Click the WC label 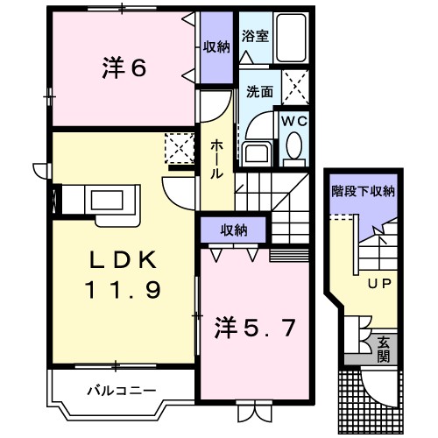click(x=293, y=122)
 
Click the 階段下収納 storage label click(x=362, y=190)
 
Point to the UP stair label click(x=378, y=285)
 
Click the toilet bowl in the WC click(x=293, y=145)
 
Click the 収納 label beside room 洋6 click(x=215, y=47)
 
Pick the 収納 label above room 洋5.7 click(x=234, y=230)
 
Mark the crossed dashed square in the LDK click(x=180, y=148)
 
